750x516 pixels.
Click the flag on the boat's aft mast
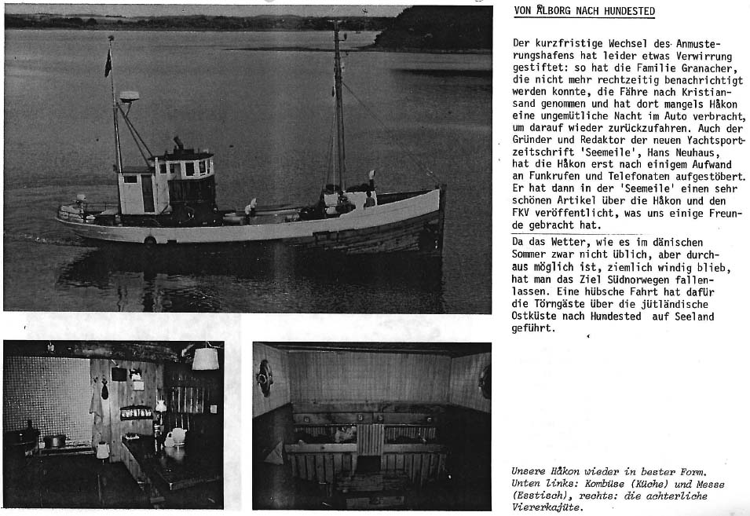tap(108, 63)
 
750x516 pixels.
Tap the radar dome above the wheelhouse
tap(130, 96)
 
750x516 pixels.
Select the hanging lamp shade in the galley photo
tap(205, 358)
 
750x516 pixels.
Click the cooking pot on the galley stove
tap(54, 441)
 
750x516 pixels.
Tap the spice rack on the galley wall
tap(136, 412)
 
